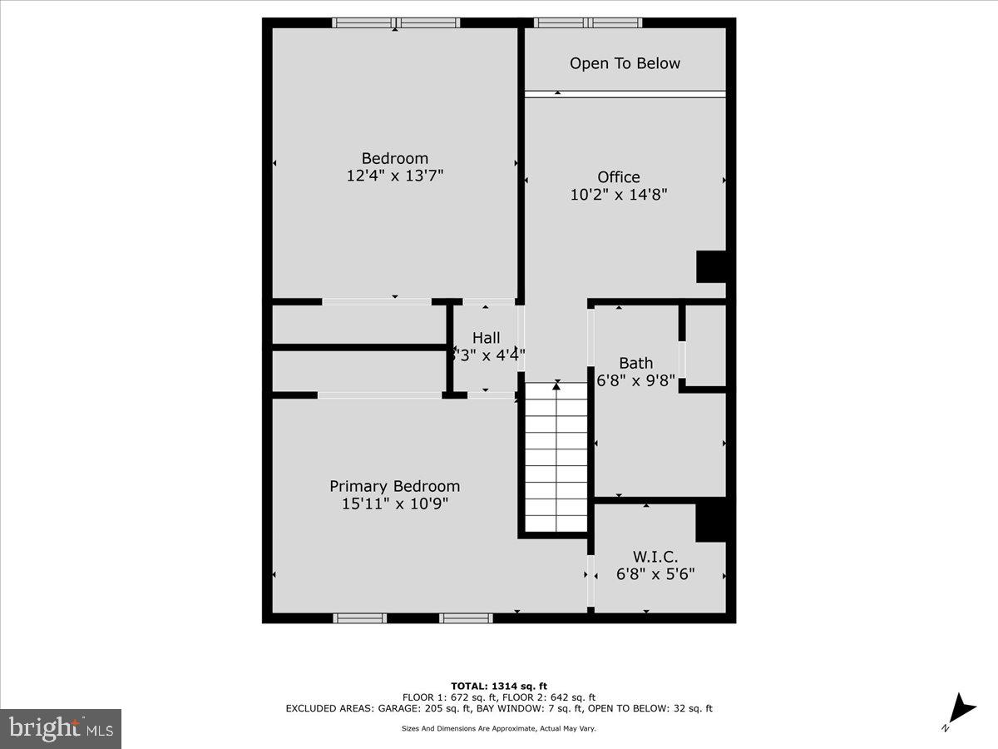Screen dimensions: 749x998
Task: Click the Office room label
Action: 619,176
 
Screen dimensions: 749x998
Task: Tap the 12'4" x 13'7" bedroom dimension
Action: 395,176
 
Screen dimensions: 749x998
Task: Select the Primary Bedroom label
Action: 394,486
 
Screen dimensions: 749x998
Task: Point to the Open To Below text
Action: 625,63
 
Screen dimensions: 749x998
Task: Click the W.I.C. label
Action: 655,556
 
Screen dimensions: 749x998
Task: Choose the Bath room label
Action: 635,363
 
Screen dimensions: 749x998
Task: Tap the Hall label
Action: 487,337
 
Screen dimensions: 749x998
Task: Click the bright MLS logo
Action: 61,728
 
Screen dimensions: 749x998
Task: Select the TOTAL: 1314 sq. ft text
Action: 499,686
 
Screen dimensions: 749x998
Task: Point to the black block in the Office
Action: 711,266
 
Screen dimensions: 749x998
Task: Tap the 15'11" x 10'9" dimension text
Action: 395,503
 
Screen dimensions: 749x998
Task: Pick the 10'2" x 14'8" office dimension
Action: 619,195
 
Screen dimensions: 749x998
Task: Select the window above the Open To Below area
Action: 587,22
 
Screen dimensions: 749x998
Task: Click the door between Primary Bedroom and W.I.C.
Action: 591,580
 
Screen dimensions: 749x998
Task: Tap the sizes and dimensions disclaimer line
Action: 499,728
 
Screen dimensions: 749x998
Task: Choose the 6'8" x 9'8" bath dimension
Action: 636,381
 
